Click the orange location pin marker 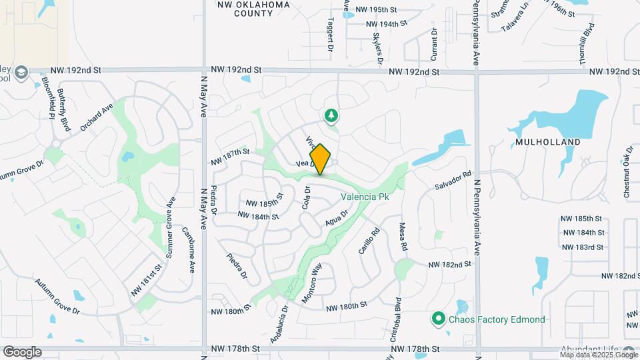(x=320, y=159)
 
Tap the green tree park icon (x=331, y=117)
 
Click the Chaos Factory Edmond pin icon (x=438, y=319)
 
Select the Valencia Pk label (x=364, y=197)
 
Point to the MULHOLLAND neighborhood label (x=547, y=142)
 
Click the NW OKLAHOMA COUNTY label (x=254, y=9)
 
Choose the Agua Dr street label (x=337, y=218)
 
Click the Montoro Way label (x=312, y=283)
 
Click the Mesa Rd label (x=403, y=237)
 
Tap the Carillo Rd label (x=369, y=241)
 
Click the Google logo (x=22, y=351)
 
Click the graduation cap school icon (x=21, y=72)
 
